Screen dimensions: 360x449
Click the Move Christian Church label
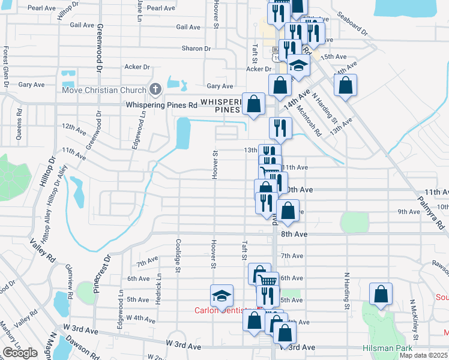[x=104, y=90]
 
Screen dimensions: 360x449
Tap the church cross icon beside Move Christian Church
[x=155, y=90]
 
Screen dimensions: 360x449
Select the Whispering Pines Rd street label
[x=161, y=105]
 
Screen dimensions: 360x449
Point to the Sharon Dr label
[x=196, y=49]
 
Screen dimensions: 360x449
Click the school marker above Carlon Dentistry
[x=221, y=295]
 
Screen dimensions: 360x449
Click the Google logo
[x=20, y=353]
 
